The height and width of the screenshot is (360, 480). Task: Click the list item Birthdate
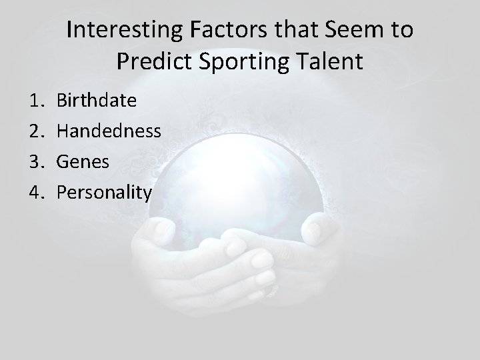pyautogui.click(x=97, y=101)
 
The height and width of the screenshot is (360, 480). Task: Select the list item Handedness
pyautogui.click(x=109, y=131)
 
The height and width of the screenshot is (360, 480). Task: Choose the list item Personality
pyautogui.click(x=105, y=192)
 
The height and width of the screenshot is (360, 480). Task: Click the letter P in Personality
pyautogui.click(x=62, y=192)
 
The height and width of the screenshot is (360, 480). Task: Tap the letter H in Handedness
pyautogui.click(x=63, y=131)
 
